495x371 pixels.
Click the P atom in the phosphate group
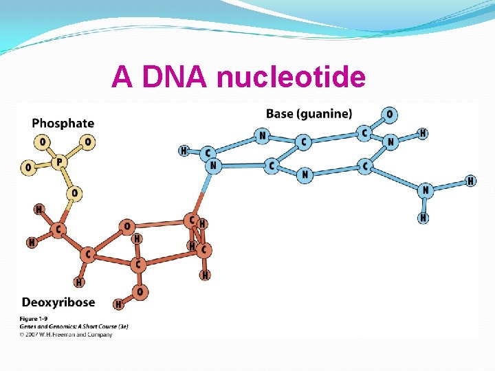[x=59, y=162]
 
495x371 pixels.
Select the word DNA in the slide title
[x=174, y=78]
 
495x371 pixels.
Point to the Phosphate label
[x=63, y=124]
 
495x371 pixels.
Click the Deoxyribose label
[x=58, y=302]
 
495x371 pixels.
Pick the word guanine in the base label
[x=328, y=113]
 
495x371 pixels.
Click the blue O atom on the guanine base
[x=390, y=114]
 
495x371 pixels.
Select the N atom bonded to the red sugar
[x=214, y=165]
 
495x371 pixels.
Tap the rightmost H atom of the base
[x=470, y=181]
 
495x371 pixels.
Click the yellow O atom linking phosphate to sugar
[x=74, y=194]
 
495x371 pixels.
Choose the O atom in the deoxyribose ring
[x=126, y=225]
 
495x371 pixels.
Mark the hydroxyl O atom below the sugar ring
[x=140, y=292]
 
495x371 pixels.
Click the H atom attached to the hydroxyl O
[x=118, y=304]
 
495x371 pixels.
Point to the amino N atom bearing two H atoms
[x=426, y=190]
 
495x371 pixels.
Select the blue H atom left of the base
[x=183, y=150]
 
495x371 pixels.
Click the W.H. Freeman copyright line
[x=67, y=334]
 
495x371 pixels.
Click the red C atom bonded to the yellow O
[x=60, y=229]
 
